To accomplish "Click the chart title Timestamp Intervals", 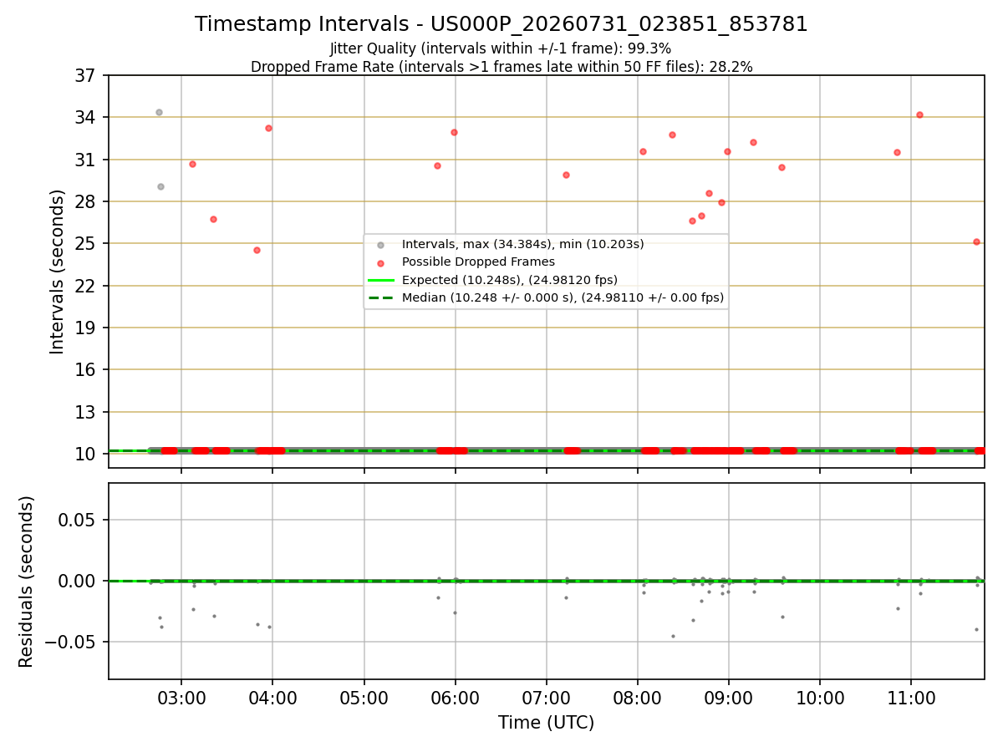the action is (x=302, y=23).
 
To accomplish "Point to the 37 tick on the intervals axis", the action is (x=85, y=75).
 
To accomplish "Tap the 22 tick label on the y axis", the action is (x=85, y=287).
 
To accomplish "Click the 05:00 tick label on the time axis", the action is (x=364, y=699).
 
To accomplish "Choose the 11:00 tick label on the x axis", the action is (x=911, y=699).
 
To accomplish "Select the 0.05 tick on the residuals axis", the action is (x=77, y=520).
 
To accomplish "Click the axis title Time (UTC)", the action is (x=546, y=723).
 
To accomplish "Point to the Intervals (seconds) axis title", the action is (x=57, y=272).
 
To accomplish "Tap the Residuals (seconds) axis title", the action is (x=26, y=582).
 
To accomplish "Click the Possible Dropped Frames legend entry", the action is (x=478, y=262).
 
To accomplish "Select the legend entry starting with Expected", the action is (x=510, y=280).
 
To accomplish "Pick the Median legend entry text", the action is (x=563, y=297).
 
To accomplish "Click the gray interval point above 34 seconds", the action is (x=159, y=112).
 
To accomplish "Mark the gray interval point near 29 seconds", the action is (x=160, y=186).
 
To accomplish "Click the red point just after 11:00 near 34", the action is (x=920, y=115).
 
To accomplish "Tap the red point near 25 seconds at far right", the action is (x=976, y=242).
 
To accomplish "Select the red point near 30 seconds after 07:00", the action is (x=566, y=175).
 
